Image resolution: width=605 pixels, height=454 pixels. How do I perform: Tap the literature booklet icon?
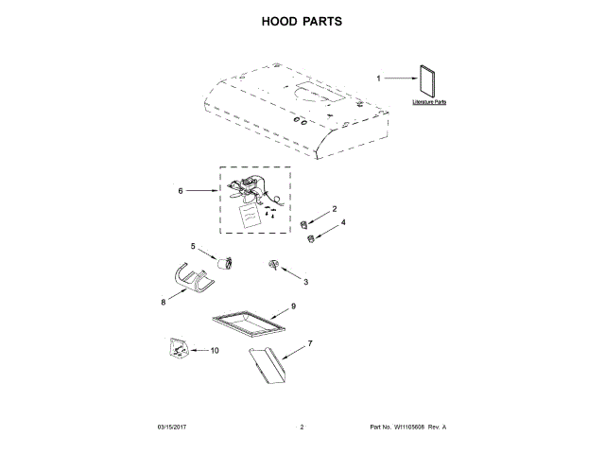point(429,81)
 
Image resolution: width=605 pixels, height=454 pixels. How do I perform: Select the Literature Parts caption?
point(429,101)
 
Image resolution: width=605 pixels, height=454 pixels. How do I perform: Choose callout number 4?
point(343,222)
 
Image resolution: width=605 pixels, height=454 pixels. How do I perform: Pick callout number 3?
point(304,282)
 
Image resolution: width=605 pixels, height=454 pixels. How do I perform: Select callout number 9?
point(293,306)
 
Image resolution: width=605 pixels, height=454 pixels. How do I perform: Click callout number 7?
point(309,341)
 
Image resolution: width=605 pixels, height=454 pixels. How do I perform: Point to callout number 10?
point(214,350)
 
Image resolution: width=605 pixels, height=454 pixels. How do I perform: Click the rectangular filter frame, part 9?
point(249,324)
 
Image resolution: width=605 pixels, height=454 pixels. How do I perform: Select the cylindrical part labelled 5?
point(223,262)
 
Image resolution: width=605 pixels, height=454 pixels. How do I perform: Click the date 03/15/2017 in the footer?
point(173,428)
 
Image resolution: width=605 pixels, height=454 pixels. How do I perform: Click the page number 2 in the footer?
point(302,428)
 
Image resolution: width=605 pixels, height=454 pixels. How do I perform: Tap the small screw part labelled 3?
point(274,266)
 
